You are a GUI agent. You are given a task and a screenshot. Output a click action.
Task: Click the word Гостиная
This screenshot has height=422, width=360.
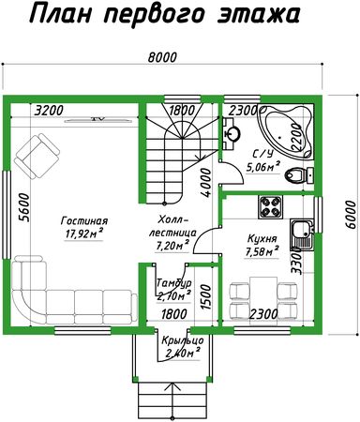click(x=84, y=220)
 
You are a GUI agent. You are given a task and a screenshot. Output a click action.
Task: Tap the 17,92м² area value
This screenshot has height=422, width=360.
click(x=84, y=234)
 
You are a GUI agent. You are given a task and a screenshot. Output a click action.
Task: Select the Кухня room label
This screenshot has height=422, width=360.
click(x=262, y=239)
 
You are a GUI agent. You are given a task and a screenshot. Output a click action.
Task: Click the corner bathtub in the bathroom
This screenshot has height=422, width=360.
click(x=285, y=132)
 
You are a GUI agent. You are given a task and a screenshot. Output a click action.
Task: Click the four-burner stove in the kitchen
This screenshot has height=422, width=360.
click(x=270, y=207)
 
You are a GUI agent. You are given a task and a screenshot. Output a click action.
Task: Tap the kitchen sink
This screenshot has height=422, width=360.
click(x=302, y=234)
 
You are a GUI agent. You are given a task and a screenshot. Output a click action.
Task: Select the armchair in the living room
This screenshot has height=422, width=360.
click(x=37, y=156)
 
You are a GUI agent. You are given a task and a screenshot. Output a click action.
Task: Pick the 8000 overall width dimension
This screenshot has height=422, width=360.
click(x=162, y=57)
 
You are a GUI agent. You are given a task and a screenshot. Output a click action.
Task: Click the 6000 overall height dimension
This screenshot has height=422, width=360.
click(x=352, y=215)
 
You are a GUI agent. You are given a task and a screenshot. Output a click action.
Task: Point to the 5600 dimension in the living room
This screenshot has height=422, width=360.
click(x=24, y=208)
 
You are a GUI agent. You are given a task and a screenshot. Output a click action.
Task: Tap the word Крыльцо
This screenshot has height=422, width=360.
click(x=183, y=340)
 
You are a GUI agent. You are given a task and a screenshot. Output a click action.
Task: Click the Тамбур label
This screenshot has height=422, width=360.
click(x=173, y=283)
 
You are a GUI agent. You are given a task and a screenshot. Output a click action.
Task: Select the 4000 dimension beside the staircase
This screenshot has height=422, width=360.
click(x=206, y=183)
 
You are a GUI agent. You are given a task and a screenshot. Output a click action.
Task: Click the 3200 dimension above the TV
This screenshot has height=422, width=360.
click(x=49, y=111)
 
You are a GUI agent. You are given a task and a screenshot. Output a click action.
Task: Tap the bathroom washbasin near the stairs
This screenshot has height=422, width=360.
click(x=232, y=133)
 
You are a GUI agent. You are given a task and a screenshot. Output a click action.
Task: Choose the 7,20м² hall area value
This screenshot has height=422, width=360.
click(x=173, y=246)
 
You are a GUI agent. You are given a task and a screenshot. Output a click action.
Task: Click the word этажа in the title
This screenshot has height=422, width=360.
click(x=259, y=14)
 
